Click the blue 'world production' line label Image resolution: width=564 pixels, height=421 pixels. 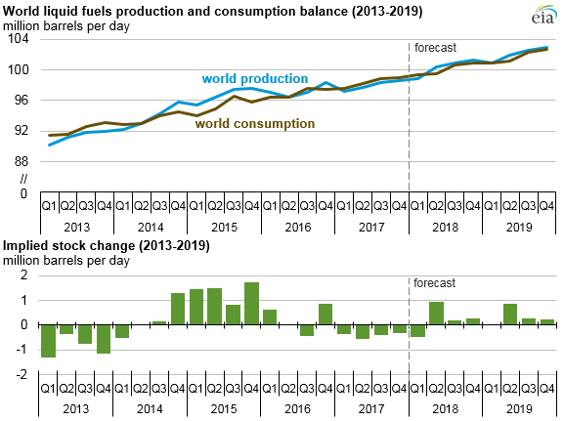(255, 78)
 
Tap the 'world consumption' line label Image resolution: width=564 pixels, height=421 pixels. (255, 124)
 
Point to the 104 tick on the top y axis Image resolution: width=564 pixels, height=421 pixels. (22, 40)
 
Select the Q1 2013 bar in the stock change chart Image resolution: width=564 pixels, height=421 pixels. (48, 341)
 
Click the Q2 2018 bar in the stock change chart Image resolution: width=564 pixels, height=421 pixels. (436, 314)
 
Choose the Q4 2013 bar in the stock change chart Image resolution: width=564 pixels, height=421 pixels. (104, 339)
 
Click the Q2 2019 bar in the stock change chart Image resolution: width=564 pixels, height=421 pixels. (510, 315)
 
